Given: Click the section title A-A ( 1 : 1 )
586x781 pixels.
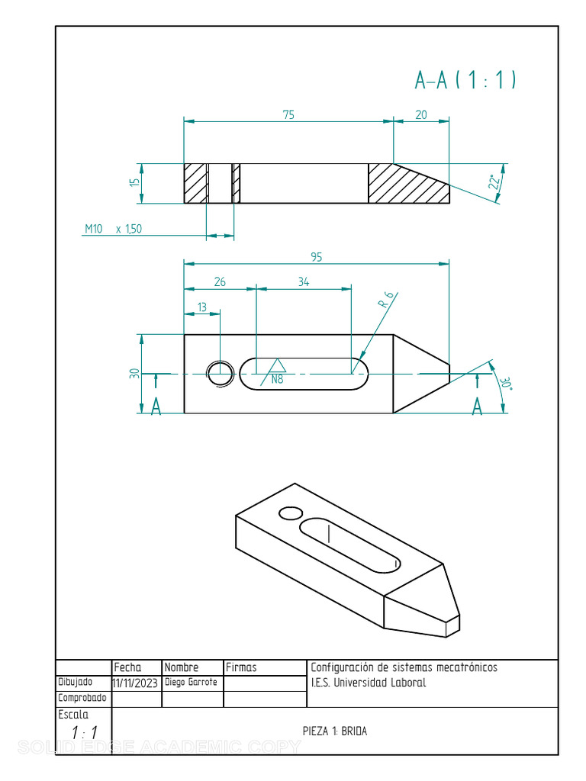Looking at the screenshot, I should coord(465,79).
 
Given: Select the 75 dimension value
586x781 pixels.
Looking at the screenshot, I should coord(288,115).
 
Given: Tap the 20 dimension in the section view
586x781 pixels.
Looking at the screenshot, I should coord(421,115).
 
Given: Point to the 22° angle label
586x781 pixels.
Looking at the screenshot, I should coord(494,182).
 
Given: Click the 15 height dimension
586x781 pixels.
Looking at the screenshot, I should coord(135,183).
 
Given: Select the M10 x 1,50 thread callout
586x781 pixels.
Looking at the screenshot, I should coord(113,229).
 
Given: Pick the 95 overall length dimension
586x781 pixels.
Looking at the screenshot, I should coord(317,257).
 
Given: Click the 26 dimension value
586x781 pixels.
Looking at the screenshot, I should coord(220,282).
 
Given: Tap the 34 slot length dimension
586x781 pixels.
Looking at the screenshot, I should coord(304,282).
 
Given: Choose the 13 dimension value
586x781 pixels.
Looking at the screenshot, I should coord(202,307).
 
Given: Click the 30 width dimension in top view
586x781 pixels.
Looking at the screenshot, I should coord(135,374).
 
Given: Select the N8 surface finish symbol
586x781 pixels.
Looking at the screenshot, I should coord(275,372).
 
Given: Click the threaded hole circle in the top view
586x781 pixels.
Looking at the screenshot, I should coord(221,373).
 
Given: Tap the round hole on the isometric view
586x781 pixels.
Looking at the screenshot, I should coord(290,513).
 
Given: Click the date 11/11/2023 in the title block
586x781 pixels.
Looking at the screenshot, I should coord(135,683).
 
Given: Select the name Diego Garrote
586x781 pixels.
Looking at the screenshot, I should coord(191,683).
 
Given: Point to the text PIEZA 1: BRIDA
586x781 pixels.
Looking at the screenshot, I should coord(335,731).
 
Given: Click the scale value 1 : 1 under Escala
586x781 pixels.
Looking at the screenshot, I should coord(84,733).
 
